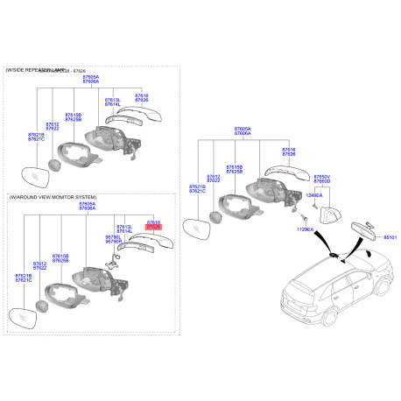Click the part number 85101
tap(390, 236)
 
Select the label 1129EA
tap(303, 228)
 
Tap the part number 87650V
tap(322, 177)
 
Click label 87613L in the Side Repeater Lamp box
tap(113, 100)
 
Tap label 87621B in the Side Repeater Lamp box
tap(35, 134)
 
